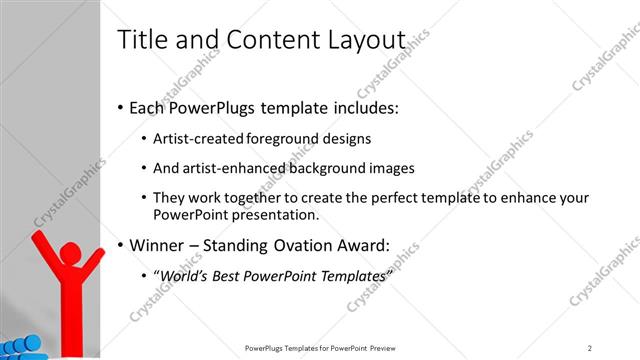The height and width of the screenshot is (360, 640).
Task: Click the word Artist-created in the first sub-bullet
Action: click(190, 138)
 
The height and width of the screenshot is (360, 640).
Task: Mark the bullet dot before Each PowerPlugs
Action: click(121, 107)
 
